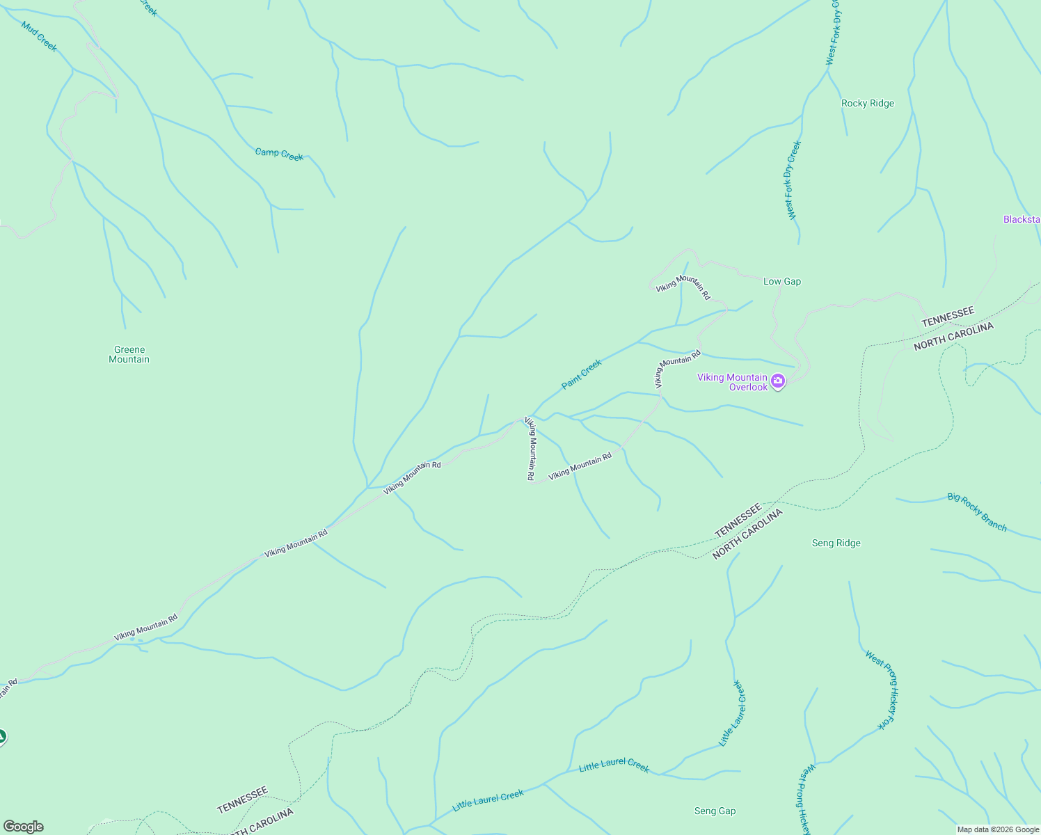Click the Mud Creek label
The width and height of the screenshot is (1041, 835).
(x=39, y=36)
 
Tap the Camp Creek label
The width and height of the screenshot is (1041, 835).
(x=279, y=154)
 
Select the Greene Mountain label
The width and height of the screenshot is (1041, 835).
(x=129, y=355)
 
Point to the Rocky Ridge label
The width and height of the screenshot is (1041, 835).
(x=867, y=104)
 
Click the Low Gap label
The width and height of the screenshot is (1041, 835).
(x=781, y=282)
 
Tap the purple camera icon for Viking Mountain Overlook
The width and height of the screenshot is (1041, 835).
(x=778, y=381)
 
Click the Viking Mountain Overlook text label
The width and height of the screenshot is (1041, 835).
(x=732, y=382)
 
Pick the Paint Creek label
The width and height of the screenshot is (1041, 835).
(x=581, y=374)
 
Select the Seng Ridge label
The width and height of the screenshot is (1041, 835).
(x=836, y=543)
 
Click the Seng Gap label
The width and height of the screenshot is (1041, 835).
(x=715, y=811)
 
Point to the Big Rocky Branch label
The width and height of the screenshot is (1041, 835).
(x=977, y=512)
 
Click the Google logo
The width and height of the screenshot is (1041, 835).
(x=22, y=827)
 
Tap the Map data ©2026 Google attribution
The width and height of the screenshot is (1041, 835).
(x=998, y=829)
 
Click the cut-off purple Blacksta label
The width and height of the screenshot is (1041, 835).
(x=1022, y=220)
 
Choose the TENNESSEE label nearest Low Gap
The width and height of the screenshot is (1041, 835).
(x=948, y=317)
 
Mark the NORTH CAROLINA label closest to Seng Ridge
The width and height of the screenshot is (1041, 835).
(x=748, y=534)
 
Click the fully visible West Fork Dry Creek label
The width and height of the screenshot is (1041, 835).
(x=794, y=180)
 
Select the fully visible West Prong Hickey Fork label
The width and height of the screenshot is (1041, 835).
(x=883, y=690)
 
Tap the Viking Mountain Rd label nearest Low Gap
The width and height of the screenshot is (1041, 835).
(x=683, y=287)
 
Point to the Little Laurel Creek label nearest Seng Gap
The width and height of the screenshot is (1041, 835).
(x=614, y=765)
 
